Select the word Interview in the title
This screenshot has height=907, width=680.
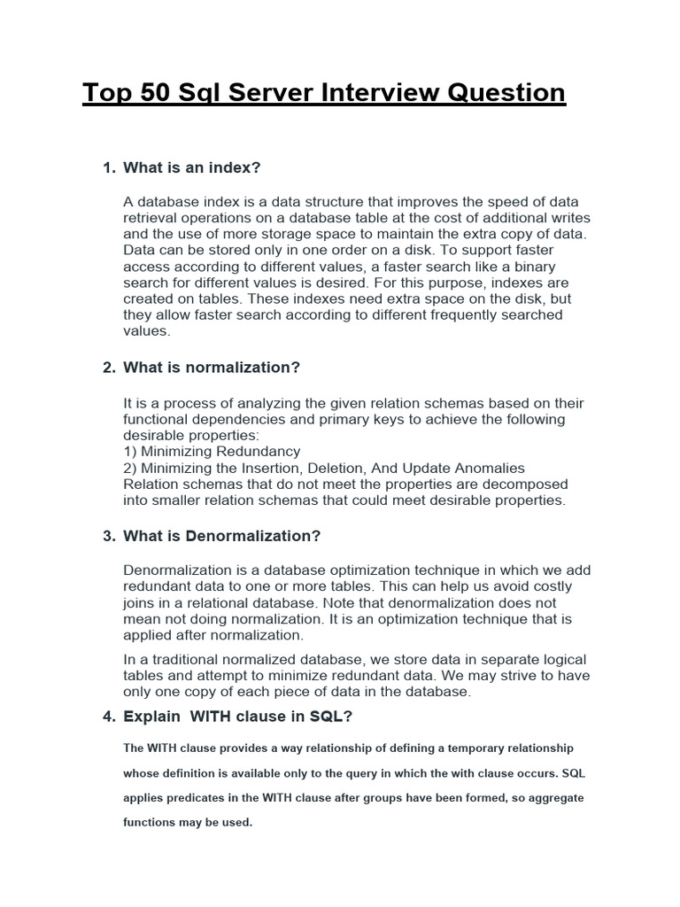pyautogui.click(x=387, y=93)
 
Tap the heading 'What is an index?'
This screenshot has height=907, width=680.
pyautogui.click(x=192, y=167)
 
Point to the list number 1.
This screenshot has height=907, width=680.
pyautogui.click(x=109, y=167)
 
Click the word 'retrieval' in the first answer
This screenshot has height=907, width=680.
pyautogui.click(x=151, y=218)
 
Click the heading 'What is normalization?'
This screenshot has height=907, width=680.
pyautogui.click(x=212, y=368)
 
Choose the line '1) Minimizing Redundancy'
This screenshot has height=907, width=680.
pyautogui.click(x=212, y=451)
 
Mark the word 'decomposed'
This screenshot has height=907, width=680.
pyautogui.click(x=528, y=485)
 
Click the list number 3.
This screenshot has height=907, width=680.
pyautogui.click(x=109, y=536)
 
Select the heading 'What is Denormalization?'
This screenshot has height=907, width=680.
pyautogui.click(x=221, y=536)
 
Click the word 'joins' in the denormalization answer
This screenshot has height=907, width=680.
pyautogui.click(x=140, y=603)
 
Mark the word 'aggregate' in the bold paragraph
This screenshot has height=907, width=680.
pyautogui.click(x=550, y=798)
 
